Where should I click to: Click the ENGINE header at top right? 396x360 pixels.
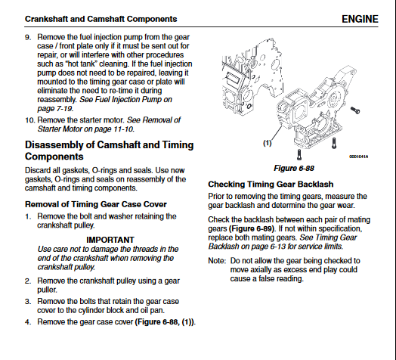click(x=360, y=19)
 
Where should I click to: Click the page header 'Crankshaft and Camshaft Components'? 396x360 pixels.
click(x=101, y=19)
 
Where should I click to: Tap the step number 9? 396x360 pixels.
click(x=28, y=37)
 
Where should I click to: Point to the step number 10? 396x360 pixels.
click(x=29, y=120)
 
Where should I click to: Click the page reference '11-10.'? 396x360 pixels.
click(x=124, y=129)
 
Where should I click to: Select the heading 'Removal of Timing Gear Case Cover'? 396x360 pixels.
click(x=96, y=204)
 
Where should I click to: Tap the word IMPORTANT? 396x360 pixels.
click(x=110, y=240)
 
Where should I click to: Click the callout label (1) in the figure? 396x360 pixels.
click(x=268, y=143)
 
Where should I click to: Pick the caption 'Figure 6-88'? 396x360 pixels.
click(x=294, y=169)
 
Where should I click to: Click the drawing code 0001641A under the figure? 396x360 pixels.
click(x=359, y=157)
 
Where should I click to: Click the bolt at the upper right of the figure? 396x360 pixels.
click(x=355, y=110)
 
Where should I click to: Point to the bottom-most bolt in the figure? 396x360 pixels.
click(x=299, y=154)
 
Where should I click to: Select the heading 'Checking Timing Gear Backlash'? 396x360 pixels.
click(x=271, y=185)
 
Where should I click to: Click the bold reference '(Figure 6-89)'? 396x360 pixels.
click(x=252, y=229)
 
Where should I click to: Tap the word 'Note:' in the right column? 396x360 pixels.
click(x=217, y=261)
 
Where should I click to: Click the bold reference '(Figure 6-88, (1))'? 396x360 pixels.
click(x=165, y=322)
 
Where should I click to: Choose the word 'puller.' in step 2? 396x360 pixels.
click(x=47, y=290)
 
